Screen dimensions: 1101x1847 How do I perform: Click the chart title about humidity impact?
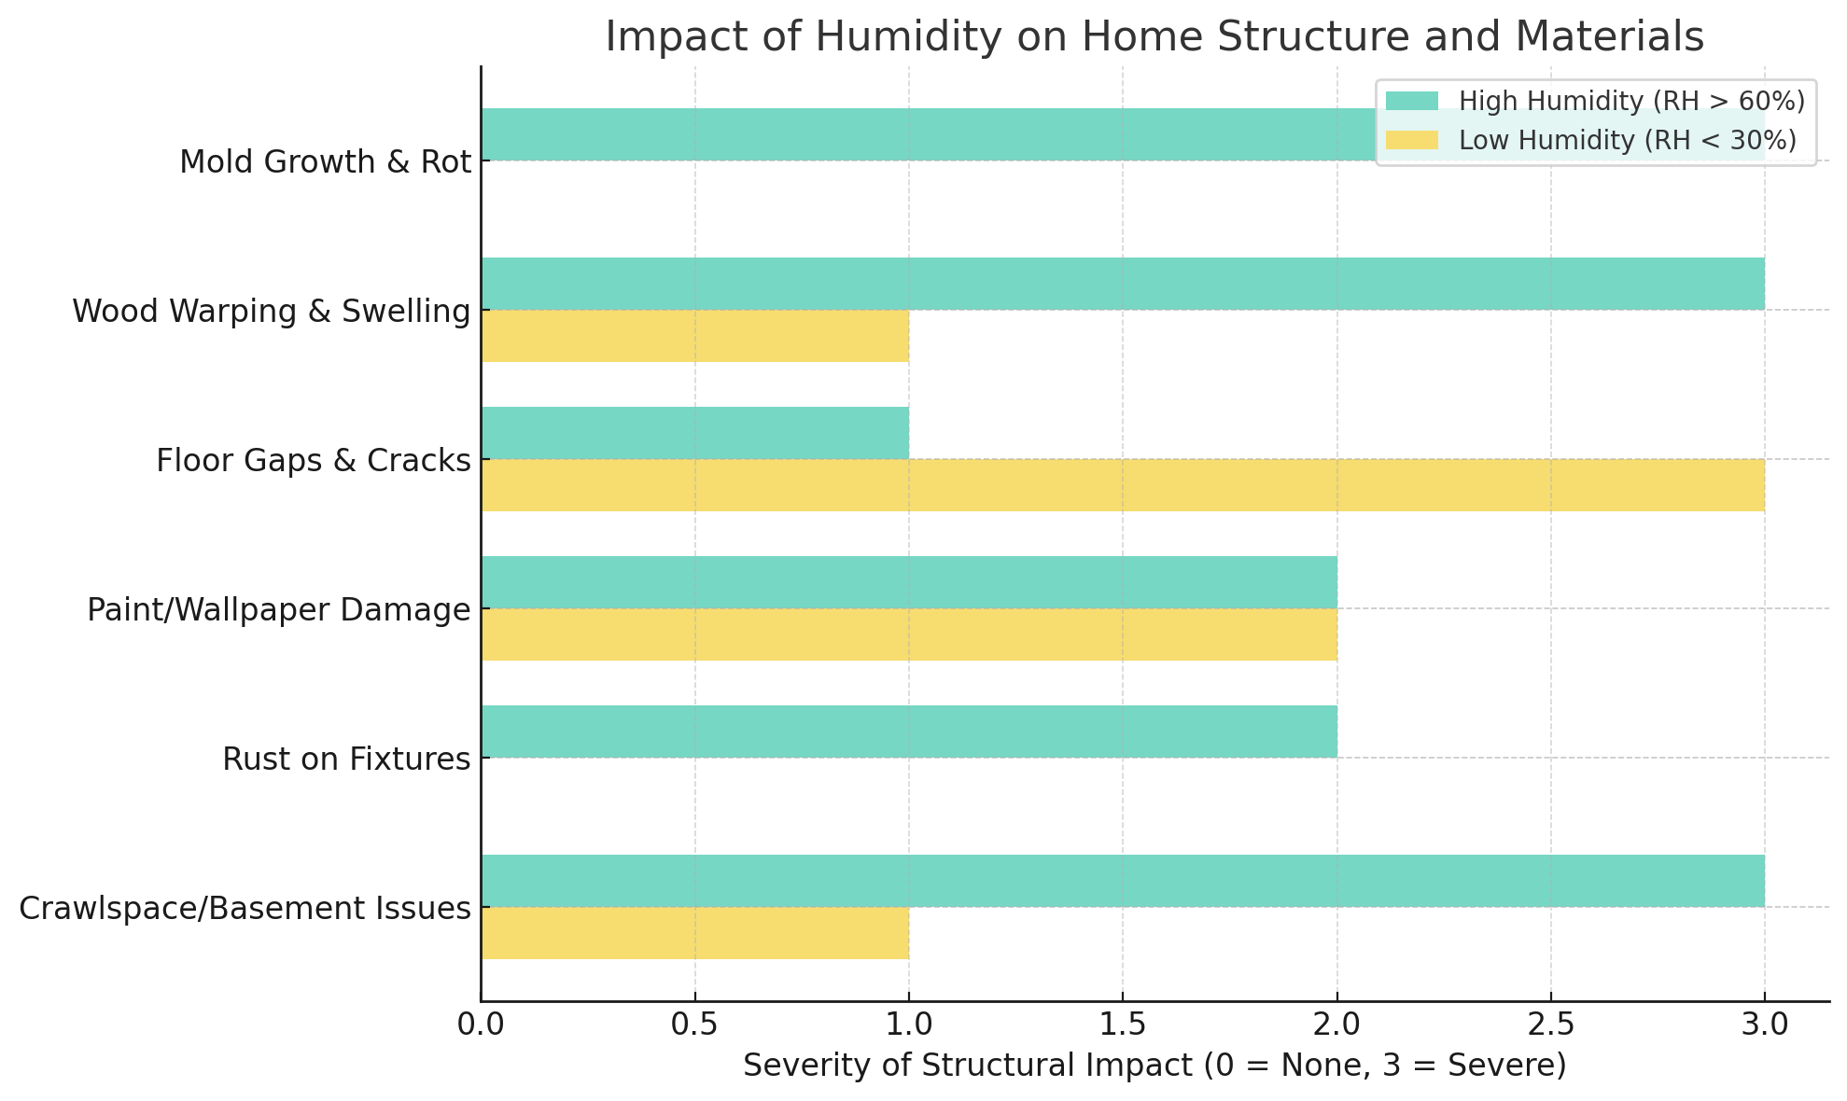[1154, 37]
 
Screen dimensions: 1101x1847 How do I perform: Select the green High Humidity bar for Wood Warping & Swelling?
[1123, 284]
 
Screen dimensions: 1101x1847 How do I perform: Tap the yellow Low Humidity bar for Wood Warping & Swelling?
[695, 336]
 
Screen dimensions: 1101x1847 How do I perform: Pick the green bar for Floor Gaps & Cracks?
[695, 433]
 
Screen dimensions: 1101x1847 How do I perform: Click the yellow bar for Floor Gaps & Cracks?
[1123, 485]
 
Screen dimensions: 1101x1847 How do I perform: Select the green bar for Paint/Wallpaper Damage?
[909, 582]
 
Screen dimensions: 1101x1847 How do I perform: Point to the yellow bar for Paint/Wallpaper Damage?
[909, 634]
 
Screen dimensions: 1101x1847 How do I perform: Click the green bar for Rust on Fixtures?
[909, 732]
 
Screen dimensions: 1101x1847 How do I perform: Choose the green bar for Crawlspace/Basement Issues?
[1123, 881]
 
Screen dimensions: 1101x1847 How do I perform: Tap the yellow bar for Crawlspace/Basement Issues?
[695, 933]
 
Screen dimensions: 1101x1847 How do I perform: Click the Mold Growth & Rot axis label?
[325, 162]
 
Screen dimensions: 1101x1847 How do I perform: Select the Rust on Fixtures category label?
[346, 760]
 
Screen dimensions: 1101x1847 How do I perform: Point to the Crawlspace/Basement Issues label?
[245, 909]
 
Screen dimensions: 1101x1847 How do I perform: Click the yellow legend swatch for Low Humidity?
[1412, 141]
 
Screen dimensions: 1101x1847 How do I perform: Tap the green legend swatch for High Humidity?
[1412, 101]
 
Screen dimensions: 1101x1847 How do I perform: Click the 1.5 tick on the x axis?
[1123, 1024]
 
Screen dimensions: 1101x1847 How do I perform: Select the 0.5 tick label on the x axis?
[695, 1024]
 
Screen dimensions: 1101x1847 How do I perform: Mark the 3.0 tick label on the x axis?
[1764, 1024]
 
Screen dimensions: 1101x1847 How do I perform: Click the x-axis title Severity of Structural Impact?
[1154, 1066]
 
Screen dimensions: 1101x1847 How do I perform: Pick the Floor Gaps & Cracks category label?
[314, 461]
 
